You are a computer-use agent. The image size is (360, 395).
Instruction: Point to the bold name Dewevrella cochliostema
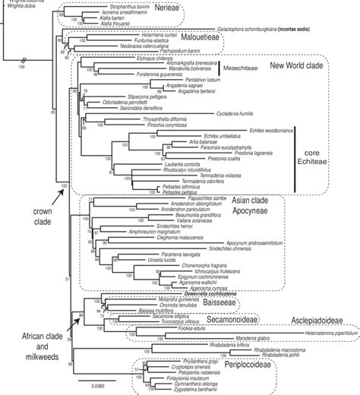144,293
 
